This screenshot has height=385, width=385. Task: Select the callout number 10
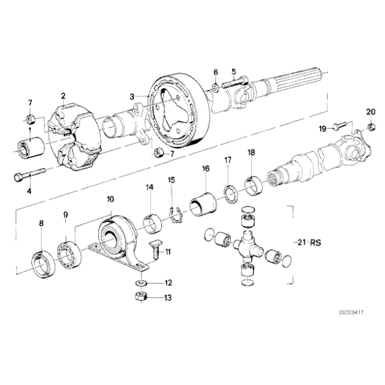click(110, 198)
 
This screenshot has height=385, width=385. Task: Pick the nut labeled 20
click(371, 126)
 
